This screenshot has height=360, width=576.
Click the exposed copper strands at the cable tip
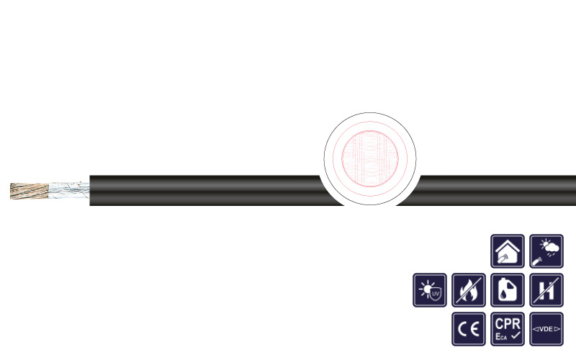pyautogui.click(x=30, y=191)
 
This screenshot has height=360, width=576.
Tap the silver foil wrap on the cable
pyautogui.click(x=69, y=190)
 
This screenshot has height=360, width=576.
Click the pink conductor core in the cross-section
pyautogui.click(x=370, y=158)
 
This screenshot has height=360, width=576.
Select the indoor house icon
pyautogui.click(x=508, y=251)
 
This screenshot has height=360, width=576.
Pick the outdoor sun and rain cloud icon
pyautogui.click(x=546, y=251)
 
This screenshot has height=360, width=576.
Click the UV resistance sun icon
pyautogui.click(x=430, y=290)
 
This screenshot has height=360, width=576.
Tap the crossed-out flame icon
pyautogui.click(x=469, y=290)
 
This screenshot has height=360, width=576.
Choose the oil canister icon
pyautogui.click(x=508, y=290)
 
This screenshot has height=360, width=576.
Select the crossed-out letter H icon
pyautogui.click(x=546, y=290)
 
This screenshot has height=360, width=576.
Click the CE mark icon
pyautogui.click(x=469, y=329)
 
